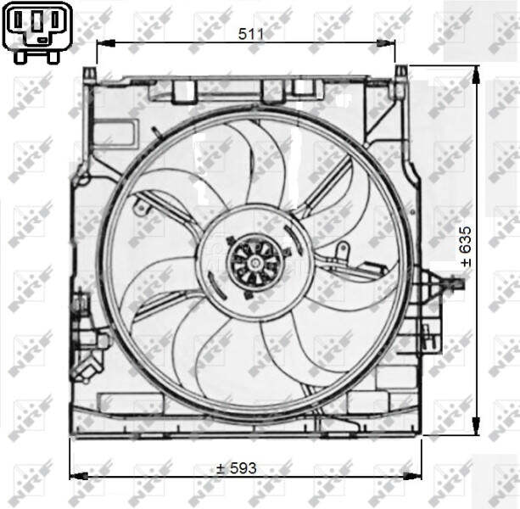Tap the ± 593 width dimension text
(x=236, y=468)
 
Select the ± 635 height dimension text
(x=465, y=245)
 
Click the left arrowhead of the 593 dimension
(x=75, y=476)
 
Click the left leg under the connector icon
(x=23, y=56)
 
